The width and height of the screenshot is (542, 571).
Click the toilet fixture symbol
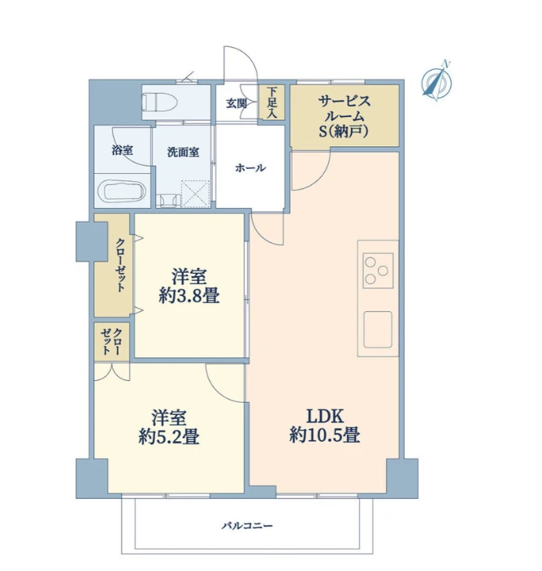159,102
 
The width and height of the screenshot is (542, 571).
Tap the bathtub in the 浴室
122,191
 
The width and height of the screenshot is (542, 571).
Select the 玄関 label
236,103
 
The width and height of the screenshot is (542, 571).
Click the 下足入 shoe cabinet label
271,102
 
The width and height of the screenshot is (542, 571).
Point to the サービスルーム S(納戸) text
345,116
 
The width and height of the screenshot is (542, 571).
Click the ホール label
250,168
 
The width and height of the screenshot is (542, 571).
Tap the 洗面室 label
183,152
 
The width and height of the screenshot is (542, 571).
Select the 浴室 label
123,150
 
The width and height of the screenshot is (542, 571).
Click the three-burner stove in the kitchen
378,270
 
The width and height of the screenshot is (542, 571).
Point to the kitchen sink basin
378,330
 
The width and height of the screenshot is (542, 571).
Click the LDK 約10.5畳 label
325,426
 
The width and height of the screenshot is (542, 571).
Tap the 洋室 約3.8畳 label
189,286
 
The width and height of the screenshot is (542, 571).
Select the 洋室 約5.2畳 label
169,427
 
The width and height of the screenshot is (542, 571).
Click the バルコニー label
247,526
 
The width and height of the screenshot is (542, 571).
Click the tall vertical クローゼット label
120,265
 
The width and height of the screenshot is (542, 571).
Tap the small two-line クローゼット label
111,341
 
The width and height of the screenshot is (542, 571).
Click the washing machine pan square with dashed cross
196,194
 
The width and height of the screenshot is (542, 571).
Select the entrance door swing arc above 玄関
241,63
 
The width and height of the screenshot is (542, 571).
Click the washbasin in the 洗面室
168,201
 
